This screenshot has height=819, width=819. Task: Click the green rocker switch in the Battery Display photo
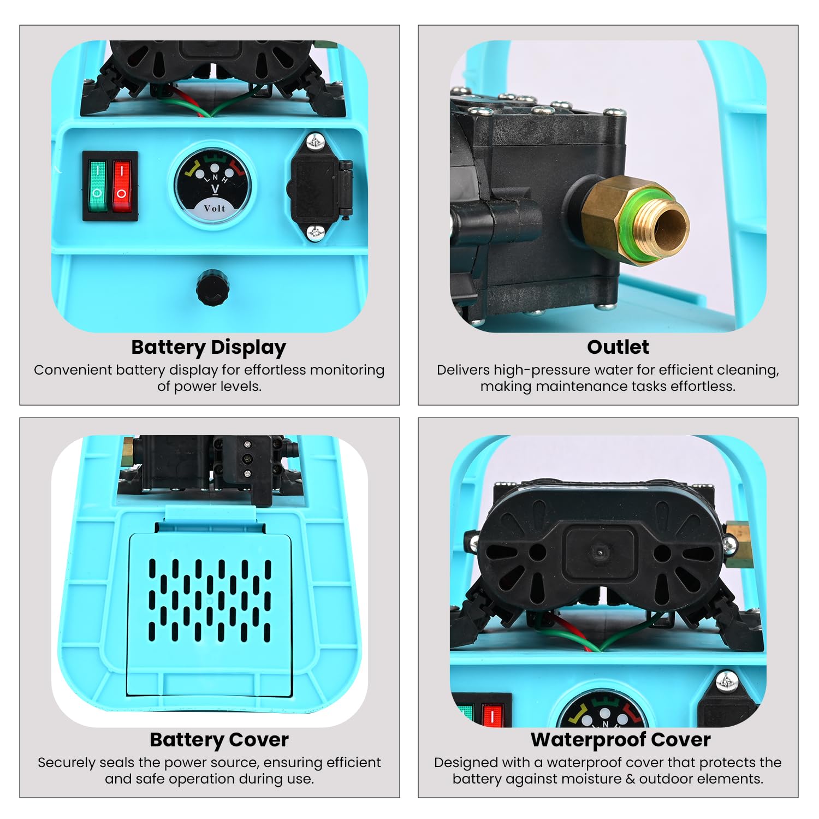point(97,186)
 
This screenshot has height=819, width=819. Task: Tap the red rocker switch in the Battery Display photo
point(122,186)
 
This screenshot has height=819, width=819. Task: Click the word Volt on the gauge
point(215,208)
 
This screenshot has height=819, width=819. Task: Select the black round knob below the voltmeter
point(212,286)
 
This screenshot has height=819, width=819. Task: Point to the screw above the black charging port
point(316,142)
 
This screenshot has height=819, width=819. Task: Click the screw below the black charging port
point(316,232)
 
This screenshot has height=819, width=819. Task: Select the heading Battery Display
point(209,347)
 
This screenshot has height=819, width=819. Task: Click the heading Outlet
point(618,347)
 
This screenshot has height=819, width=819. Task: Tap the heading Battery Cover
point(219,740)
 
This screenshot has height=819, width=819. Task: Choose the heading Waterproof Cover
point(621,740)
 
